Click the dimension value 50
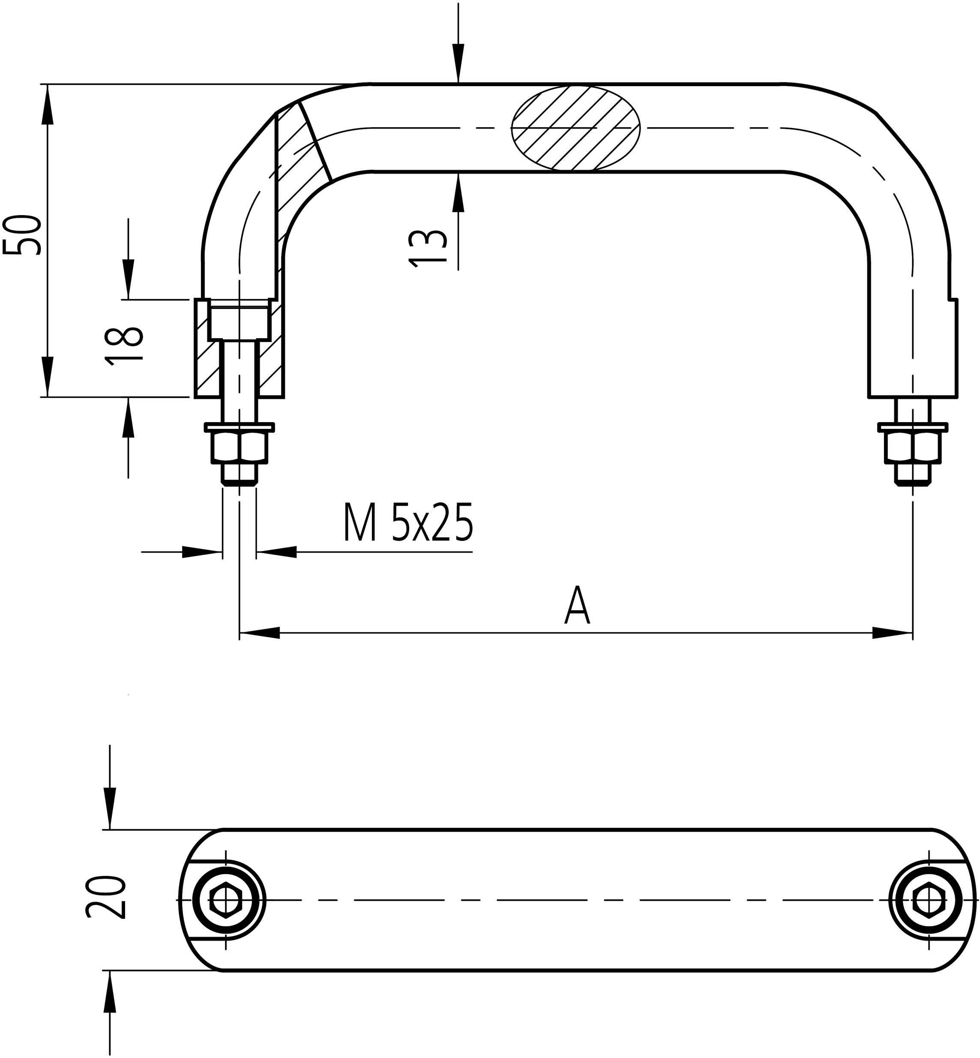(x=22, y=235)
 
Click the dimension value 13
(x=427, y=247)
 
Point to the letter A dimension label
(x=576, y=607)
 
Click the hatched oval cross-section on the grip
(x=576, y=128)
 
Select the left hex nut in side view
(x=239, y=447)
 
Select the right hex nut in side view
(x=912, y=447)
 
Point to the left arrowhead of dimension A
(x=260, y=632)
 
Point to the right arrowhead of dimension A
(x=893, y=632)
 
